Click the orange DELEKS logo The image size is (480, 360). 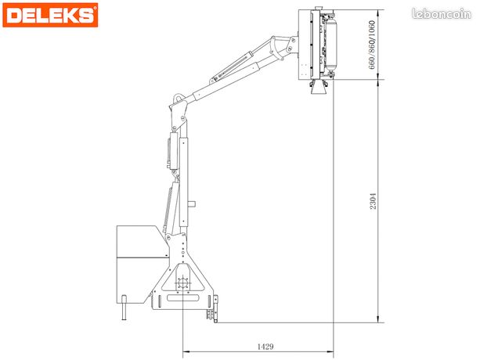[x=50, y=15]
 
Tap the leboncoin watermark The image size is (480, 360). [x=442, y=14]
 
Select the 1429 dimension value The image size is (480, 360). [x=265, y=347]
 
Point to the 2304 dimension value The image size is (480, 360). [x=373, y=201]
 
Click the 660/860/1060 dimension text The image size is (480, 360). [x=372, y=45]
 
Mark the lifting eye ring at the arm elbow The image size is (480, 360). [x=179, y=99]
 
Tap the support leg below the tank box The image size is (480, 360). [x=124, y=308]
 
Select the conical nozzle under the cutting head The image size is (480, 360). [x=319, y=88]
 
